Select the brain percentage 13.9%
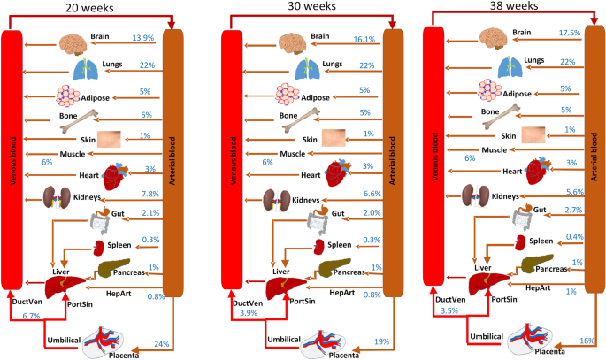point(144,40)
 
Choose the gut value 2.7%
point(572,211)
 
